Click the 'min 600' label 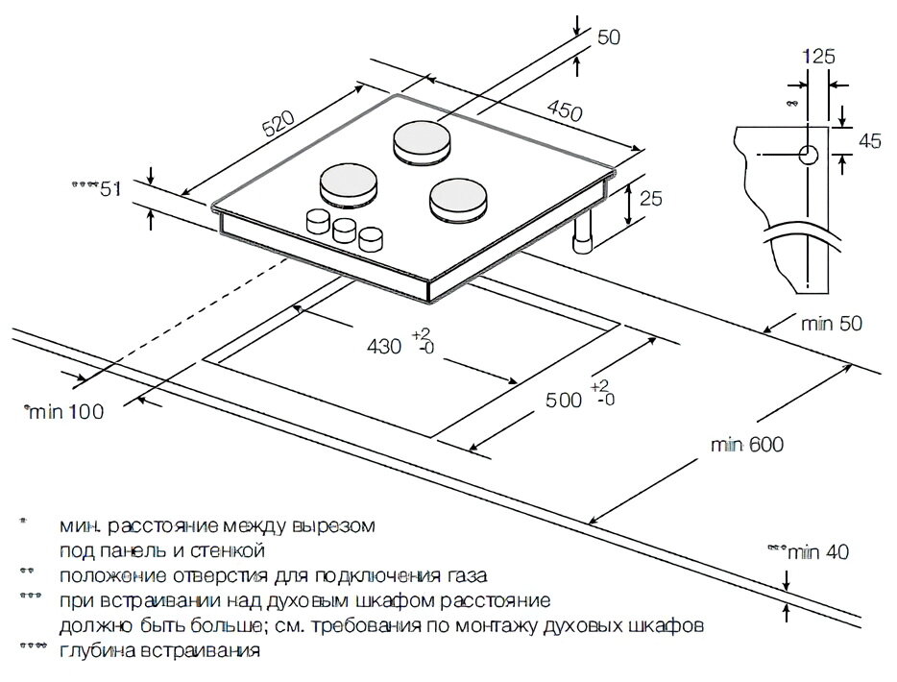coord(747,445)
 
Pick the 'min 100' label coord(65,412)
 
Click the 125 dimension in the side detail coord(818,57)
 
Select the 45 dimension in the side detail coord(869,142)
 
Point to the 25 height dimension coord(651,200)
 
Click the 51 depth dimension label coord(109,189)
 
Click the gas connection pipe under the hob coord(582,238)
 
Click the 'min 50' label coord(832,324)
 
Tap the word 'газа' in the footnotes coord(460,576)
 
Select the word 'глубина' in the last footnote coord(95,651)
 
